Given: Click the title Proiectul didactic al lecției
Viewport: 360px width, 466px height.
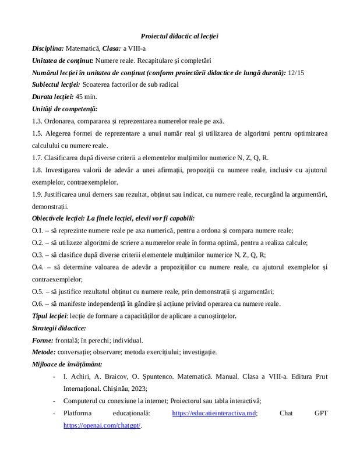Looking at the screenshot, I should pyautogui.click(x=179, y=36).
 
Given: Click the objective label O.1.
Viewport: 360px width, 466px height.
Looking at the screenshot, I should pyautogui.click(x=38, y=231).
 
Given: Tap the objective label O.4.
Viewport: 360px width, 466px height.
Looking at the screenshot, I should pyautogui.click(x=38, y=267).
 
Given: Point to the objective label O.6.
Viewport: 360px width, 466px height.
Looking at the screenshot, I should pyautogui.click(x=38, y=303).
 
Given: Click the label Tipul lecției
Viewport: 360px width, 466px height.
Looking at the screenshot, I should pyautogui.click(x=50, y=316).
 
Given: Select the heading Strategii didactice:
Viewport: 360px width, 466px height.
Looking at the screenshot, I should pyautogui.click(x=59, y=328).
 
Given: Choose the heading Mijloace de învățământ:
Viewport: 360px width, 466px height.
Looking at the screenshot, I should pyautogui.click(x=65, y=365).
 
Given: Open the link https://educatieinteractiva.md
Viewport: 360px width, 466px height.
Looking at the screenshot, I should pyautogui.click(x=215, y=414).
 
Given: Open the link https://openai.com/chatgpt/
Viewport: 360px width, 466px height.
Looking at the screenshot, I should pyautogui.click(x=102, y=426).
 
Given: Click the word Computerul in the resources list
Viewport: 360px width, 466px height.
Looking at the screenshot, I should pyautogui.click(x=82, y=401).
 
